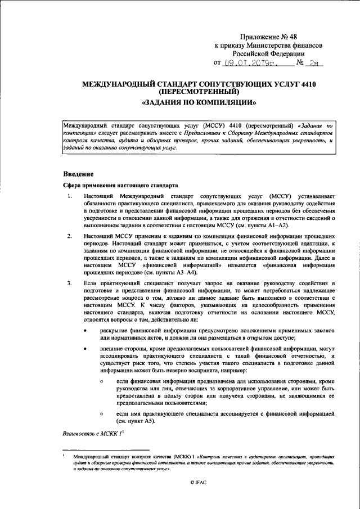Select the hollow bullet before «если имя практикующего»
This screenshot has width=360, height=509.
coord(101,414)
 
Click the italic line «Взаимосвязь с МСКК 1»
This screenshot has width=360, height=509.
coord(91,434)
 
